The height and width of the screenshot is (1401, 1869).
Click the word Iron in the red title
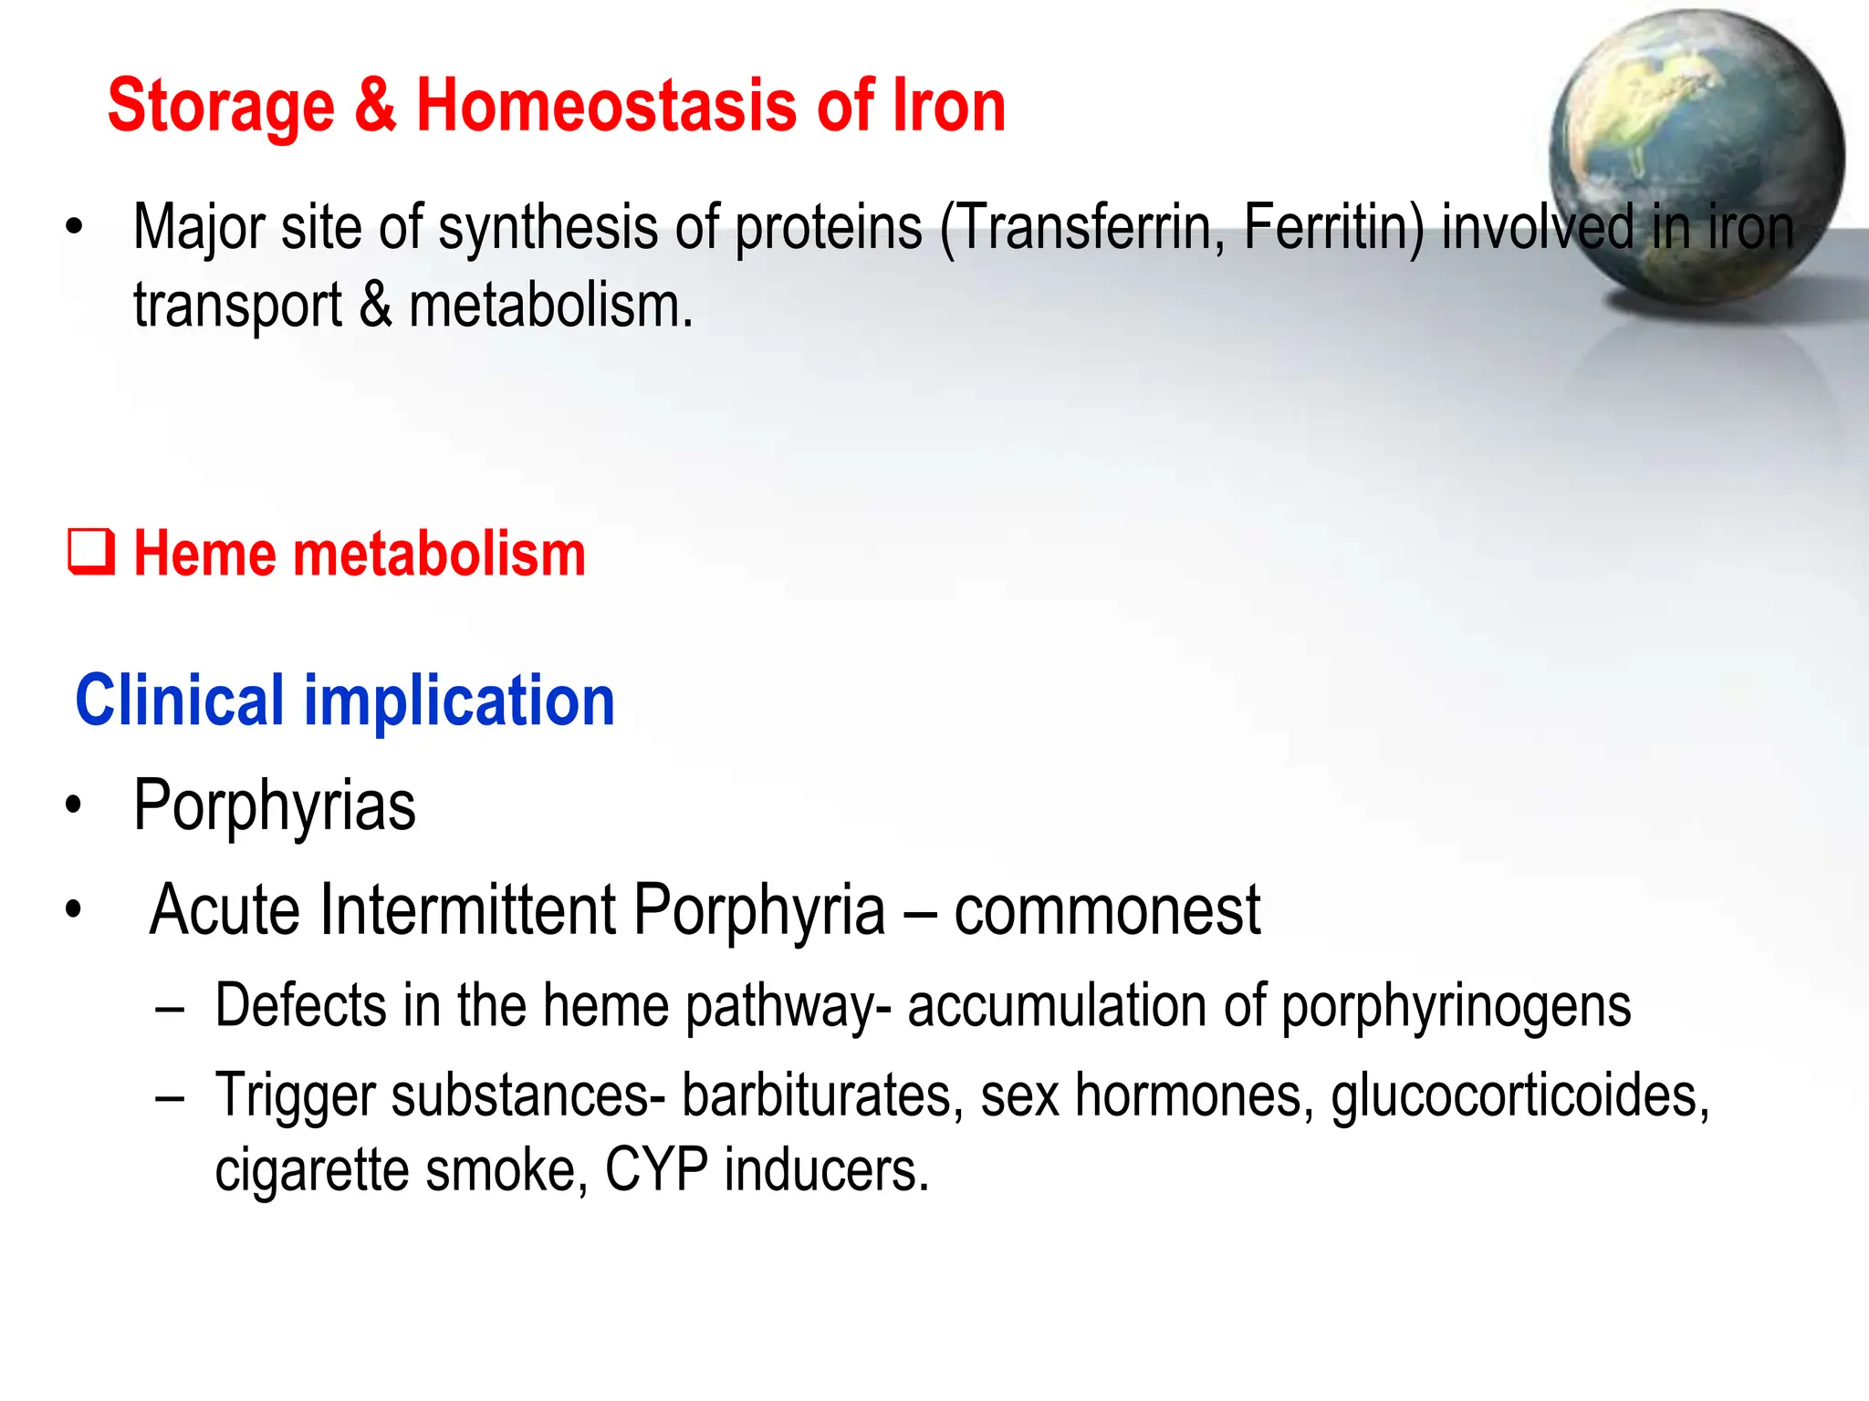[x=949, y=106]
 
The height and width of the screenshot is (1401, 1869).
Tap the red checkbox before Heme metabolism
[x=91, y=553]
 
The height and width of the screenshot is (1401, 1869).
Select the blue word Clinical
[x=180, y=700]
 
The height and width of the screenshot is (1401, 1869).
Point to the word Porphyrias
[x=274, y=806]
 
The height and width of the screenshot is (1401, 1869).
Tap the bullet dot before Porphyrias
[x=74, y=806]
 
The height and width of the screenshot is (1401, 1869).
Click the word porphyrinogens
[x=1456, y=1007]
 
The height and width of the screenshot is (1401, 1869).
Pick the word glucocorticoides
[x=1519, y=1096]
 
